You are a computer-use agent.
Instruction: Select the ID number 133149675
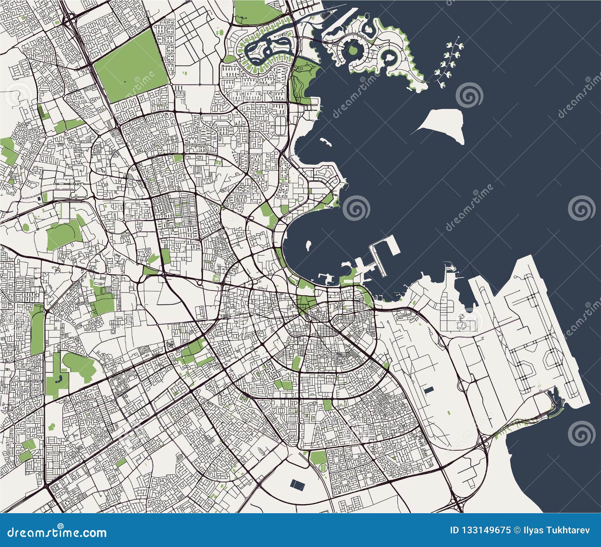485,530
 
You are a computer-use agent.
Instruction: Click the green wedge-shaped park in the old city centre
306,303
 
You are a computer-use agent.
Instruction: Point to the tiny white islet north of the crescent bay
325,142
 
